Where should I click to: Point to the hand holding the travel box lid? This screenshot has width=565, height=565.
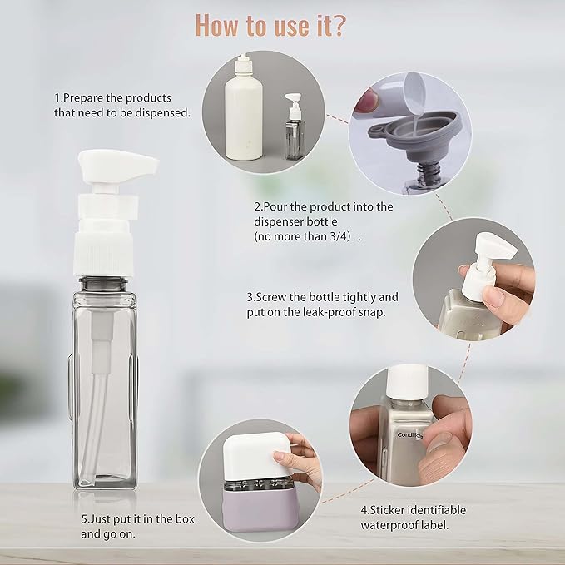305,470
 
